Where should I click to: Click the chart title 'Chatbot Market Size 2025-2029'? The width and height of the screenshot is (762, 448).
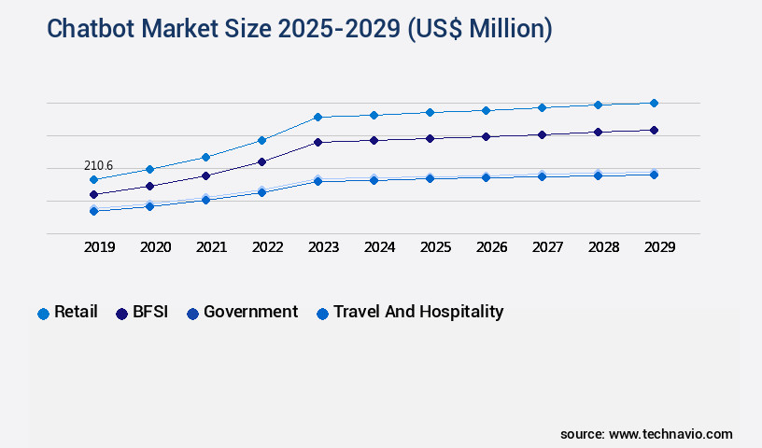[x=299, y=29]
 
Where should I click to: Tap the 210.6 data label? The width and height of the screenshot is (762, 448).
[x=98, y=166]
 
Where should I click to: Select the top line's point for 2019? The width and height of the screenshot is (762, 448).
[x=93, y=179]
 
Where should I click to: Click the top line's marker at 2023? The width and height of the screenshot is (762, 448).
[x=317, y=117]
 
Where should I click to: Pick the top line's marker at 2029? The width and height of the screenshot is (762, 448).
[x=654, y=103]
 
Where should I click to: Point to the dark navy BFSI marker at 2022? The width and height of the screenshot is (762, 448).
[x=261, y=161]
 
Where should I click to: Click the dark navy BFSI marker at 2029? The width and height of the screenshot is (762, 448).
[x=654, y=130]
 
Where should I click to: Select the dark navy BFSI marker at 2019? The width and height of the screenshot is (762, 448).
[x=93, y=194]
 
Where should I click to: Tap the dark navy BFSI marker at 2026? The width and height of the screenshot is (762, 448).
[x=486, y=136]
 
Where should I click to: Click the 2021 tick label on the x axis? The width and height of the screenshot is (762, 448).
[x=211, y=247]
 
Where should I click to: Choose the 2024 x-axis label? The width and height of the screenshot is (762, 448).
[x=379, y=247]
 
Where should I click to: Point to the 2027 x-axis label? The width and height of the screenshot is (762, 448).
[x=547, y=247]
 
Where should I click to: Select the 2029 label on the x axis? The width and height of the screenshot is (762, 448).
[x=659, y=247]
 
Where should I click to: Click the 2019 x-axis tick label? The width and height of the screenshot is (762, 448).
[x=99, y=247]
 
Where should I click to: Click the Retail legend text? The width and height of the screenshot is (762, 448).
[x=76, y=312]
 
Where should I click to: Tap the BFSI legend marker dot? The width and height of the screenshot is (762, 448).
[x=121, y=314]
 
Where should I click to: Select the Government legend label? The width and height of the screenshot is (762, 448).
[x=250, y=312]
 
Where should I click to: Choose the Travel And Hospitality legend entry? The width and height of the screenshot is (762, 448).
[x=417, y=312]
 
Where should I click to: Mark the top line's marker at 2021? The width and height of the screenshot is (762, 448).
[x=205, y=157]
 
